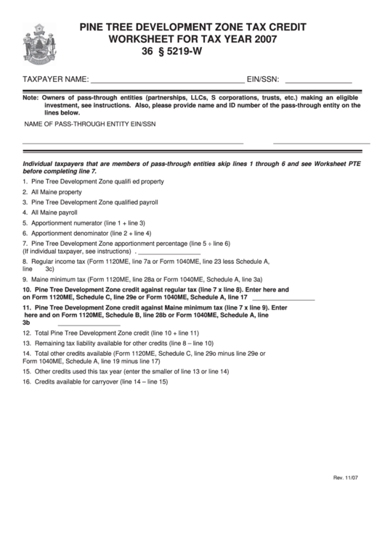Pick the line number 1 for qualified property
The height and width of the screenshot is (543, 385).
coord(25,181)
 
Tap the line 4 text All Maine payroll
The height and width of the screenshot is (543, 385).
coord(54,213)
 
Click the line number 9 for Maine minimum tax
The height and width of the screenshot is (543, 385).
coord(25,278)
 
